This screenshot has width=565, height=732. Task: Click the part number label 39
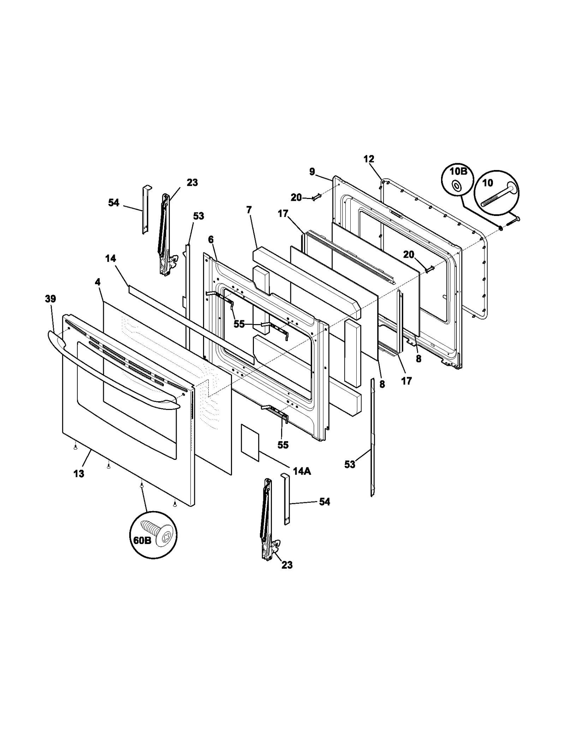[x=50, y=299]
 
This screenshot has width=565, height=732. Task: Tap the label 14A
[x=302, y=471]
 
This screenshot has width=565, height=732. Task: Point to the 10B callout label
[x=458, y=171]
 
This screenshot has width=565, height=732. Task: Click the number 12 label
[x=369, y=159]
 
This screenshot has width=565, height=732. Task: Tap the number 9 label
[x=312, y=172]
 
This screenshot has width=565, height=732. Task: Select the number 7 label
[x=249, y=210]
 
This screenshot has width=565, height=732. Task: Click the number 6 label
[x=211, y=240]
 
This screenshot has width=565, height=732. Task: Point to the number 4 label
[x=97, y=282]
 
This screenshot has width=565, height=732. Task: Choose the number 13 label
[x=79, y=474]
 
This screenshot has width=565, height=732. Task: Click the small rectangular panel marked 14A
[x=250, y=443]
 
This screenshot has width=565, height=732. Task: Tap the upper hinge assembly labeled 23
[x=165, y=233]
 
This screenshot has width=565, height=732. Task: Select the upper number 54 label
[x=114, y=203]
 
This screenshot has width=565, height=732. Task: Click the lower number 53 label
[x=350, y=464]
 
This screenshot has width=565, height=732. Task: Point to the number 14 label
[x=111, y=259]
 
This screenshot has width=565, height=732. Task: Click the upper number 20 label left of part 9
[x=296, y=198]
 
